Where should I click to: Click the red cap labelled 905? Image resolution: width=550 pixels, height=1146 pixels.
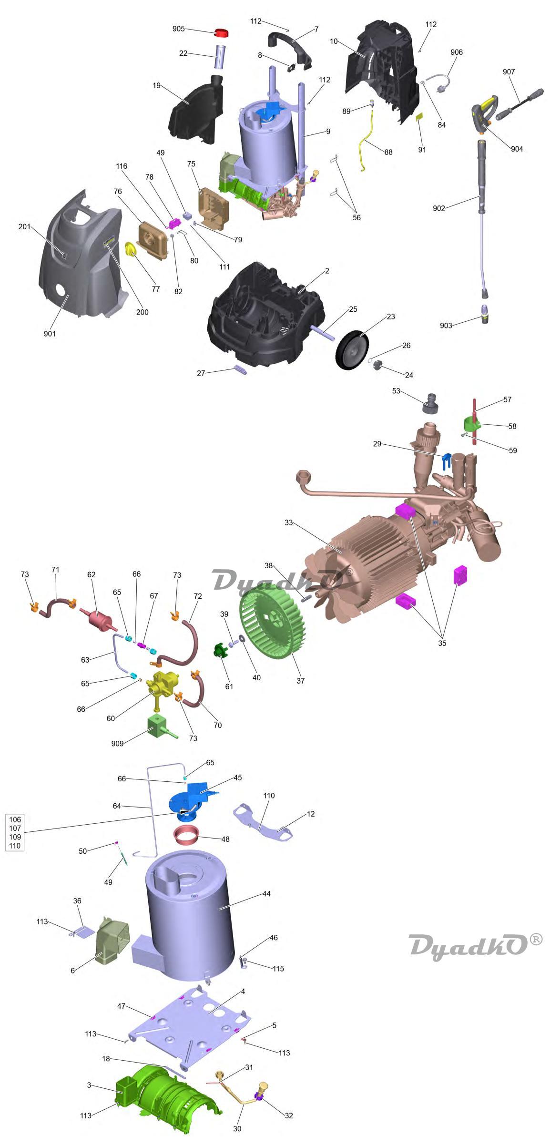221,32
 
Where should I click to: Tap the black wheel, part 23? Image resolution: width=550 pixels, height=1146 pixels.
352,350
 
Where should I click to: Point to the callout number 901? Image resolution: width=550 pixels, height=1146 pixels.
50,334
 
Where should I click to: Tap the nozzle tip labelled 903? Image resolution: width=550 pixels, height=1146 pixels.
485,314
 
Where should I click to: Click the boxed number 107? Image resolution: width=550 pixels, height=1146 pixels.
15,828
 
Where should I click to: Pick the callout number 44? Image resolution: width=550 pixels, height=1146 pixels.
266,894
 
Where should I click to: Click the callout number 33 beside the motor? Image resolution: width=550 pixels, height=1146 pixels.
288,522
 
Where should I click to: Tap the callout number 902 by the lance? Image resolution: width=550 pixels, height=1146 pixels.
439,208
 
